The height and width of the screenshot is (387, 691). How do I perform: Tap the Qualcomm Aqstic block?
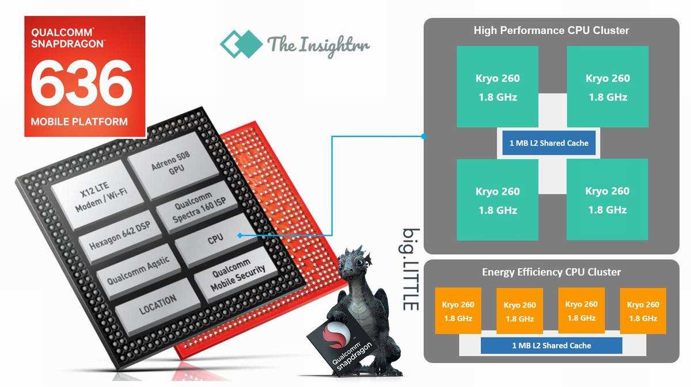tap(138, 270)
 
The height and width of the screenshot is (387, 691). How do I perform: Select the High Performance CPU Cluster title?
tap(551, 30)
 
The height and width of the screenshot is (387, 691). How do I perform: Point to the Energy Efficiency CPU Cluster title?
tap(551, 272)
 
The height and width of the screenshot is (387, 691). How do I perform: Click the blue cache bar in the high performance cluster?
tap(549, 143)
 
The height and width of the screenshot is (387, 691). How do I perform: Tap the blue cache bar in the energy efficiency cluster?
tap(551, 346)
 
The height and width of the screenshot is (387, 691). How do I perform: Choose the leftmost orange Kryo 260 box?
tap(458, 311)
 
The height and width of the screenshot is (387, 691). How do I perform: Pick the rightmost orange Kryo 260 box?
tap(643, 311)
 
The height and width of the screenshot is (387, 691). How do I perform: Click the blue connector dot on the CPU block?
tap(239, 235)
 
